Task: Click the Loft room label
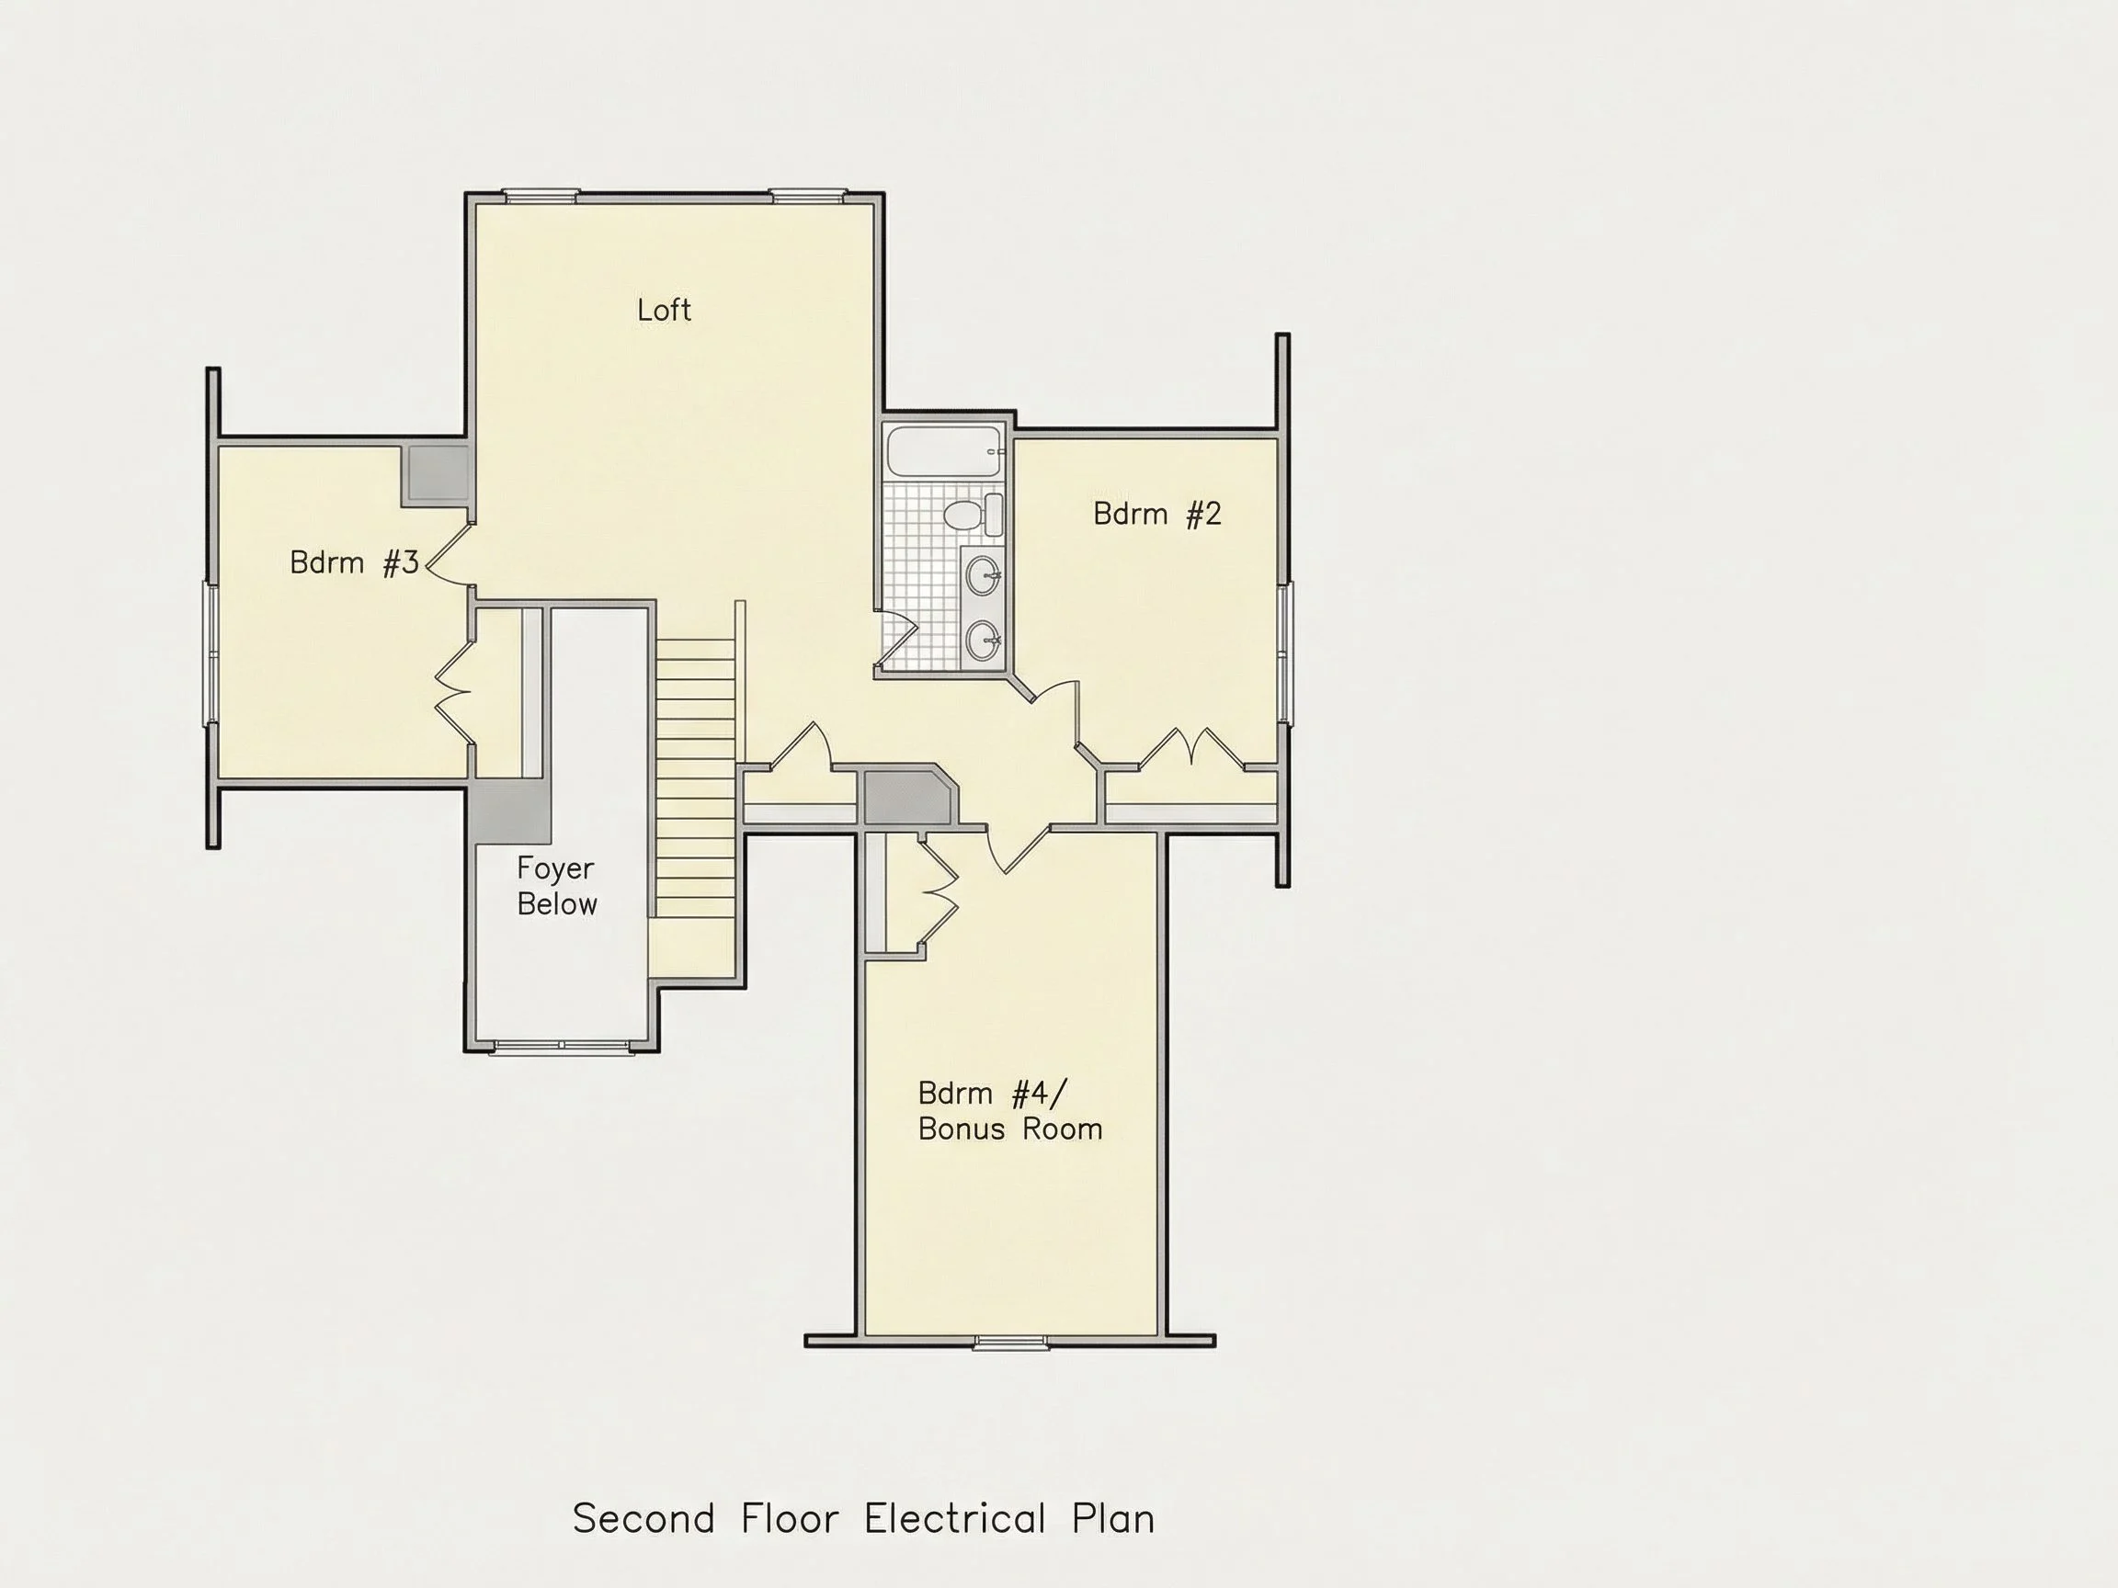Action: pyautogui.click(x=664, y=310)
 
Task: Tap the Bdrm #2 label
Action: pyautogui.click(x=1156, y=514)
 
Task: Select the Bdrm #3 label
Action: pyautogui.click(x=354, y=562)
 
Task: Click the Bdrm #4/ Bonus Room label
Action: pyautogui.click(x=1010, y=1110)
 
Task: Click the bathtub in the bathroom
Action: pyautogui.click(x=945, y=451)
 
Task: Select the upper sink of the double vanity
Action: pyautogui.click(x=984, y=576)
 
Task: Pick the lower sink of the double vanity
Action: pyautogui.click(x=984, y=641)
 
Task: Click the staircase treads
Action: pyautogui.click(x=696, y=778)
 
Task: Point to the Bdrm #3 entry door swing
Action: pyautogui.click(x=450, y=553)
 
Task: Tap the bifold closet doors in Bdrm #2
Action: pyautogui.click(x=1191, y=746)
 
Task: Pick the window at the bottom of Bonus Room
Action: pyautogui.click(x=1011, y=1342)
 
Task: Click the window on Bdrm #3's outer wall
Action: pyautogui.click(x=211, y=652)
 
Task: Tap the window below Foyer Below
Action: pyautogui.click(x=561, y=1048)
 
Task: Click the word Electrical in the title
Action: pyautogui.click(x=953, y=1519)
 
